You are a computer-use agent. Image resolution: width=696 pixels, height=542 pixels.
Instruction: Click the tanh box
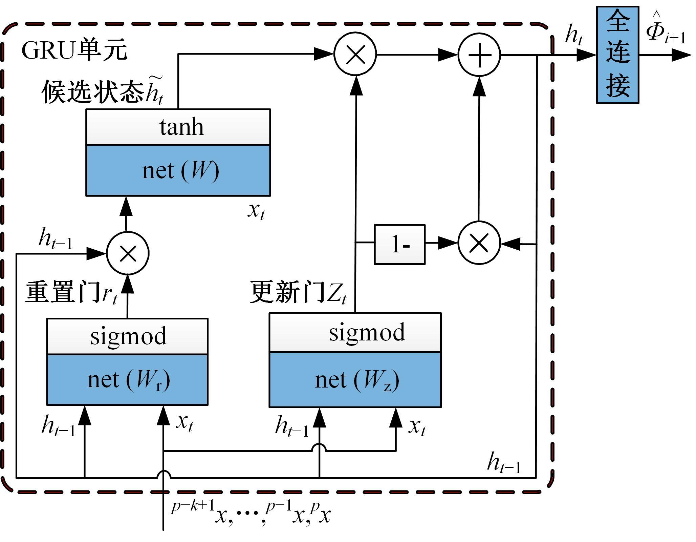[178, 127]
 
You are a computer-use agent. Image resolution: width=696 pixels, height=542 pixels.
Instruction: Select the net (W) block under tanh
[178, 170]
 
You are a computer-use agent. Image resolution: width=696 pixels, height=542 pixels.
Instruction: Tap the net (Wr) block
[127, 379]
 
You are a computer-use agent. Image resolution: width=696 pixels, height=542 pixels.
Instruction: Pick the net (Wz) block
[355, 379]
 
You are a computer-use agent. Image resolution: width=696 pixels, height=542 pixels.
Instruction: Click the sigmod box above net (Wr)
[127, 336]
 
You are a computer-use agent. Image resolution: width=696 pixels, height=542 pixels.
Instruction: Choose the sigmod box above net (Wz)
[355, 333]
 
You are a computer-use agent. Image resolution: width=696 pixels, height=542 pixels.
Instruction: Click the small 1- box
[399, 244]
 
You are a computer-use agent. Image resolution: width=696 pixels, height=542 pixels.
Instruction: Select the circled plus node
[479, 55]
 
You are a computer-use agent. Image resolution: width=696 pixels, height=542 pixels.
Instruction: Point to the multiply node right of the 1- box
[479, 243]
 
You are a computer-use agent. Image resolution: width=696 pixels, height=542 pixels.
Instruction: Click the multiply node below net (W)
[128, 253]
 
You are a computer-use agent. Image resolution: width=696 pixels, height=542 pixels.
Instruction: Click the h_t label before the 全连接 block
[574, 36]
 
